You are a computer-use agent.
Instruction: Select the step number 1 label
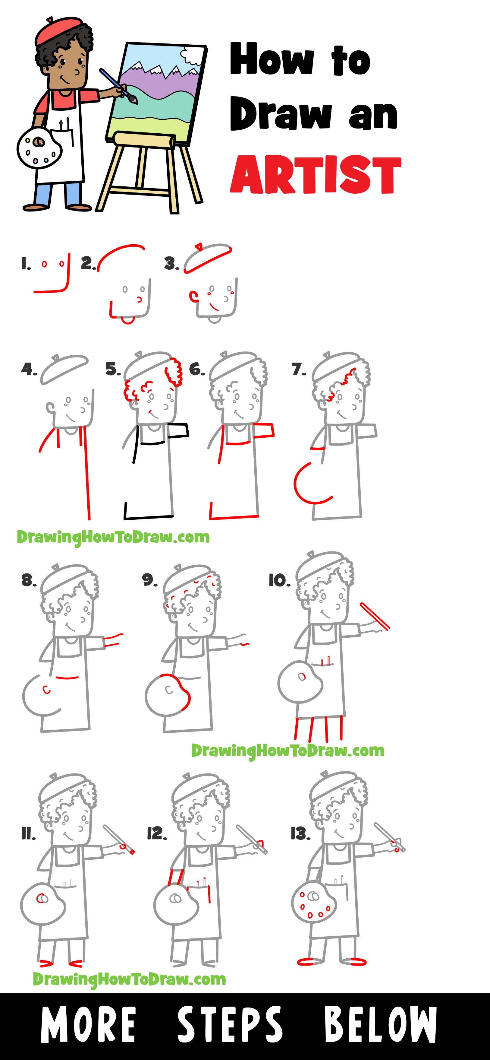(x=26, y=264)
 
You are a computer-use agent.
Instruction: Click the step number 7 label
(x=299, y=369)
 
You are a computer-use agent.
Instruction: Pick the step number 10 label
(x=279, y=581)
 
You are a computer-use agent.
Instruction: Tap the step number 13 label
(x=300, y=834)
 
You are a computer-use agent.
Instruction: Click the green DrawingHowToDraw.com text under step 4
(x=113, y=537)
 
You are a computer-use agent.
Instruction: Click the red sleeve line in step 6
(x=263, y=430)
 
